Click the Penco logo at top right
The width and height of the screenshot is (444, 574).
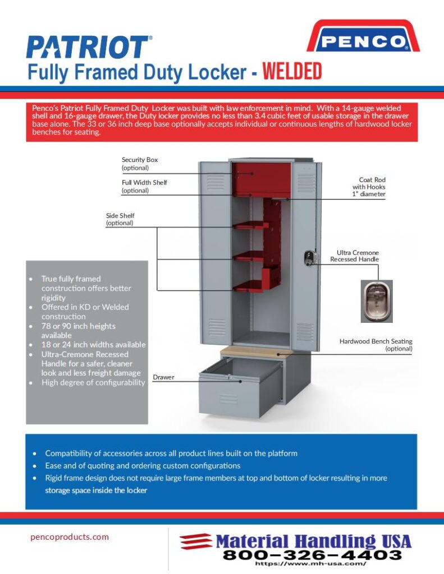(x=363, y=38)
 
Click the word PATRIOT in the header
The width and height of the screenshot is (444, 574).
(x=89, y=48)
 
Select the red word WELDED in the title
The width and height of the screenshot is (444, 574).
(x=292, y=72)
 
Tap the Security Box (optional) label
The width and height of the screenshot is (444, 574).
(x=140, y=164)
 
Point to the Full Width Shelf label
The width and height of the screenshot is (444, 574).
(x=144, y=186)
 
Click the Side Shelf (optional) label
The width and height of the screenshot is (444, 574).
(x=120, y=219)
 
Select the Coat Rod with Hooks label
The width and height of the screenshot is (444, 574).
(x=369, y=187)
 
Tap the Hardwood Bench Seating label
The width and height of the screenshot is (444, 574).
(x=376, y=345)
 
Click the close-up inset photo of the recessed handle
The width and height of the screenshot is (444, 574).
(x=376, y=301)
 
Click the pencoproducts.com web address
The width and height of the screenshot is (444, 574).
(x=70, y=536)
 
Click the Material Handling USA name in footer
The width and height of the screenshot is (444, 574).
(x=313, y=541)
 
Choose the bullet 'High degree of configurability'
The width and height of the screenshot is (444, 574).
(x=93, y=382)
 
